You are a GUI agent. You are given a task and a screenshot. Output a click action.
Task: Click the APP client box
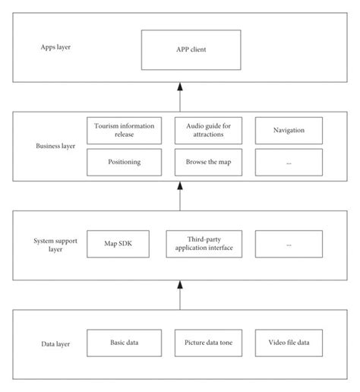tap(179, 50)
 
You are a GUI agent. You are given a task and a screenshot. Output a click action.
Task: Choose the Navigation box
tap(289, 130)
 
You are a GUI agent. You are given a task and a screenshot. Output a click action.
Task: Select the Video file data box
tap(289, 343)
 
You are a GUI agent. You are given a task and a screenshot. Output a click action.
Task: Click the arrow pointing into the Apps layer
tap(180, 97)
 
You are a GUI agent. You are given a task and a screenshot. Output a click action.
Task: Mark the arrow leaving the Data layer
tap(180, 295)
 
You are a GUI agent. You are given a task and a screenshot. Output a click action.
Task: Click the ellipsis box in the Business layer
tap(289, 161)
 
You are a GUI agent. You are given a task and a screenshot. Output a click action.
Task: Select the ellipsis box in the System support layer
tap(289, 243)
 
